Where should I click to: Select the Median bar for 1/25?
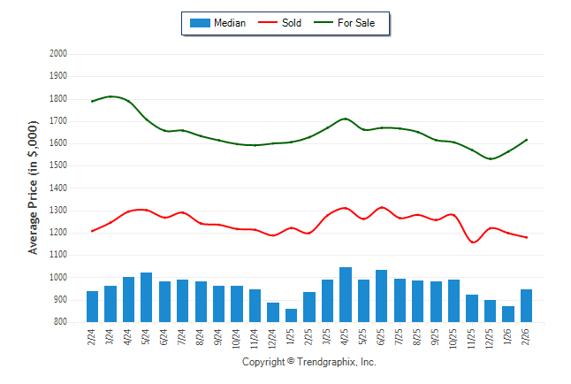click(291, 316)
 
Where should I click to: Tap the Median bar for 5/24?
click(147, 297)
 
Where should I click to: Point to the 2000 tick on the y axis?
click(58, 53)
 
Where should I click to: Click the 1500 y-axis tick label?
click(58, 165)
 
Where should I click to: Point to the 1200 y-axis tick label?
click(58, 233)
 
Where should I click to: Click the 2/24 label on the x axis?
click(93, 338)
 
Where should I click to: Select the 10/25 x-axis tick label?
click(454, 340)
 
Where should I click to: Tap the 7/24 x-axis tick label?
click(183, 338)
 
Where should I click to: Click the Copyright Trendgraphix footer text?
click(309, 362)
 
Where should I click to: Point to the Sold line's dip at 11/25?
click(474, 242)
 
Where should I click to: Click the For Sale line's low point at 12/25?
click(491, 159)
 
